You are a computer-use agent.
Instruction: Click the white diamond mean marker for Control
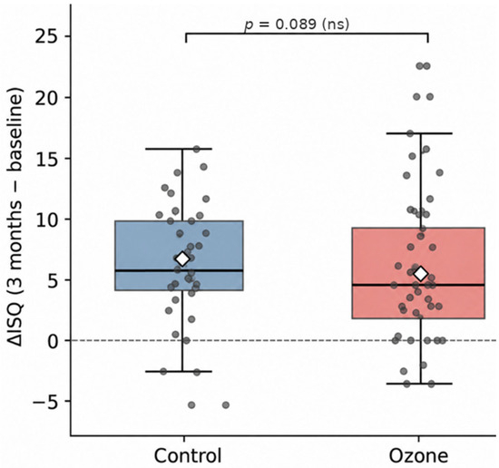click(x=182, y=259)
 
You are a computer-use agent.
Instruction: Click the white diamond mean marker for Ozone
click(x=421, y=273)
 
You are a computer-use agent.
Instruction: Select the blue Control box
click(x=179, y=256)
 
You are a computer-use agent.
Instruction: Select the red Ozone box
click(x=418, y=273)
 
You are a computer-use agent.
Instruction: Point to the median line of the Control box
click(x=179, y=270)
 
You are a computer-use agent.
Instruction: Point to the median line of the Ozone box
click(x=418, y=285)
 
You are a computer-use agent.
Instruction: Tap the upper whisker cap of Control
click(x=182, y=149)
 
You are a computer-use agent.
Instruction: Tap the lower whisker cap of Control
click(x=182, y=371)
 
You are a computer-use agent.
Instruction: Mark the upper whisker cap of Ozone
click(x=421, y=133)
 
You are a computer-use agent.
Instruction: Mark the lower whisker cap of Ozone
click(x=421, y=384)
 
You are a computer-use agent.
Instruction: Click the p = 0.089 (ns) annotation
click(x=297, y=24)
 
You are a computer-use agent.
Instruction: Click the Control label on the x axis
click(x=188, y=455)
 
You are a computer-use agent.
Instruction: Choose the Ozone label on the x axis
click(x=418, y=455)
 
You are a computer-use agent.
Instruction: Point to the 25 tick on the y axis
click(x=67, y=36)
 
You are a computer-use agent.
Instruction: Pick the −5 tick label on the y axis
click(x=47, y=401)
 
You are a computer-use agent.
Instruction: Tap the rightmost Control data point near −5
click(x=226, y=405)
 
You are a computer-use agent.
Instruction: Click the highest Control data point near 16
click(x=197, y=149)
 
